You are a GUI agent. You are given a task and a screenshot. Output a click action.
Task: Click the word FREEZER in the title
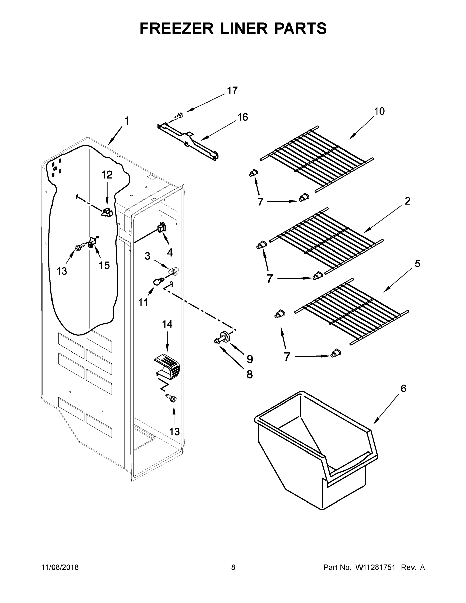[x=177, y=28]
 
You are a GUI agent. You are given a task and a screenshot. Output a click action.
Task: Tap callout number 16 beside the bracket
[x=243, y=117]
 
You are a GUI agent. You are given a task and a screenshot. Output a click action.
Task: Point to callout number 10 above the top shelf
[x=379, y=111]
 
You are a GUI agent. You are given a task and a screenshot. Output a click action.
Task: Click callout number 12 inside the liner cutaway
[x=107, y=175]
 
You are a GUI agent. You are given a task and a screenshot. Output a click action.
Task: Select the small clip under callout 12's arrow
[x=107, y=213]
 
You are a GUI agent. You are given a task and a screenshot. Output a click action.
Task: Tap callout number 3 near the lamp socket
[x=148, y=256]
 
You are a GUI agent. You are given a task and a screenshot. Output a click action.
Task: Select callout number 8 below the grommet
[x=249, y=375]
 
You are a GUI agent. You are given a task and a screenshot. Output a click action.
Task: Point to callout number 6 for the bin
[x=403, y=389]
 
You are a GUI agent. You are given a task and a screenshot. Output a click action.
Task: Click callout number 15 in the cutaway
[x=104, y=265]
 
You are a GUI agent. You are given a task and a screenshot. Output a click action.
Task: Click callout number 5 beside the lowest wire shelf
[x=417, y=264]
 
